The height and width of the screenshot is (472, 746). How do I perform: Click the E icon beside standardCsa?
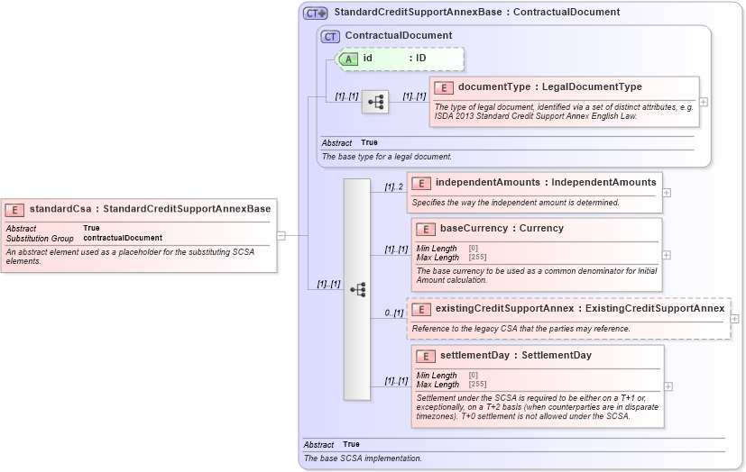click(15, 209)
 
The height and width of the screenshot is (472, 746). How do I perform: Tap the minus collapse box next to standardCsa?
click(281, 235)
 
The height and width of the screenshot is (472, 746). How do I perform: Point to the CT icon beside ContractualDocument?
click(331, 36)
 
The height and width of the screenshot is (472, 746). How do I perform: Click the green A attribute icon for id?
click(348, 59)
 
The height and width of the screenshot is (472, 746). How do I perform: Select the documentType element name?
click(495, 87)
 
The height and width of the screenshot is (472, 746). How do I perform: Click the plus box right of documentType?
click(704, 102)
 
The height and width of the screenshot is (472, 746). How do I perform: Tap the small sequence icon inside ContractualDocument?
click(375, 102)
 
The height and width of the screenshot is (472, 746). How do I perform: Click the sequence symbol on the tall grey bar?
click(357, 289)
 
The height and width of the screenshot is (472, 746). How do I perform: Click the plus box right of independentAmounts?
click(667, 192)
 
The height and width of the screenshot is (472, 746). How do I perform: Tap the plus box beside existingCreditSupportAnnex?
click(734, 318)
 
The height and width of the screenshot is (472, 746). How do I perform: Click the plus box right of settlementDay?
click(668, 386)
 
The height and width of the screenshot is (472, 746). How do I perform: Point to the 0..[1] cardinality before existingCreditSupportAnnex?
click(394, 313)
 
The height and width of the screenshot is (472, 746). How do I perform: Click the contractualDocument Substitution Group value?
click(123, 238)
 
